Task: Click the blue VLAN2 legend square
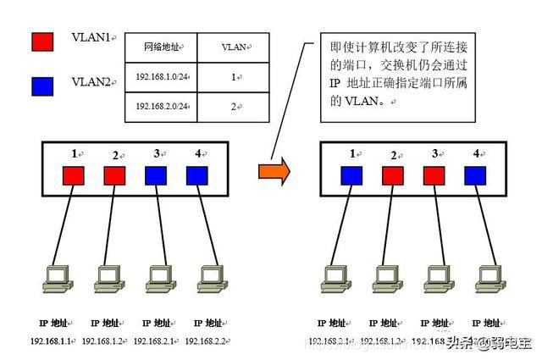pos(41,85)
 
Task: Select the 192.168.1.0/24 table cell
pos(162,77)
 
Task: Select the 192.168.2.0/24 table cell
pos(162,108)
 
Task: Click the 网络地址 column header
pos(162,47)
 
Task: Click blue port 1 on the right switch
pos(351,176)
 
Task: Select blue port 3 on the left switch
pos(156,176)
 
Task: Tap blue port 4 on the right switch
pos(476,176)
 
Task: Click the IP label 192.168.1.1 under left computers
pos(52,340)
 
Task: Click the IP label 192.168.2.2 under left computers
pos(207,340)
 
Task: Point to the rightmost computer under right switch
pos(489,280)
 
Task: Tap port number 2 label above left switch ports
pos(116,156)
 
